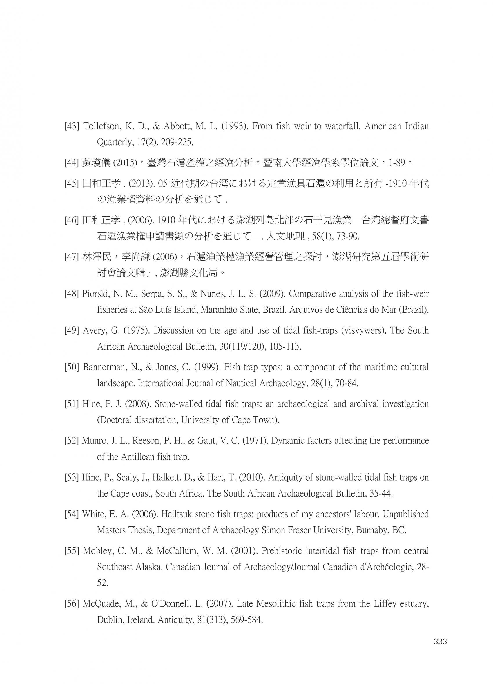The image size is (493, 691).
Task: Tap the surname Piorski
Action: (x=95, y=294)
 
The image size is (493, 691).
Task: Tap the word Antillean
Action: (x=137, y=457)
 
